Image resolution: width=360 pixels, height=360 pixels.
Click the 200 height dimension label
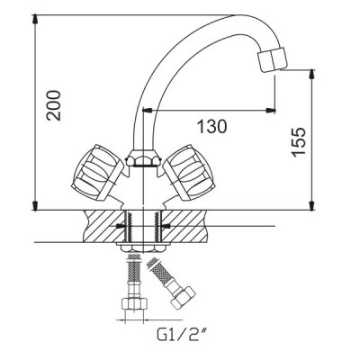click(x=53, y=105)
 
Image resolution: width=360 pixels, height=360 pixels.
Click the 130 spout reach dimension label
click(x=211, y=126)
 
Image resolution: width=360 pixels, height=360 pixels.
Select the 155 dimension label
click(x=299, y=142)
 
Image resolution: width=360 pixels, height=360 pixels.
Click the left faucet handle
click(x=97, y=172)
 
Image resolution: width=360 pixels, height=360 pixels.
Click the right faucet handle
click(x=189, y=172)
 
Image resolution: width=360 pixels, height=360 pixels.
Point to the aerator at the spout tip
click(x=273, y=59)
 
